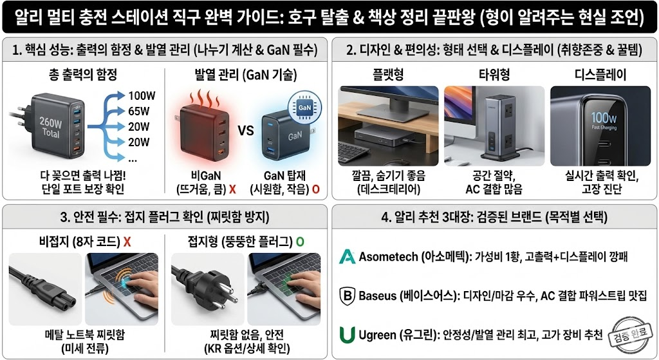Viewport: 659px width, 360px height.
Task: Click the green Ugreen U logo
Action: [x=347, y=335]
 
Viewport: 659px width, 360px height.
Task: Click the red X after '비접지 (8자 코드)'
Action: [x=127, y=242]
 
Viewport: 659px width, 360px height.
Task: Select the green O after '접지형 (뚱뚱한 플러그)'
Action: [x=299, y=242]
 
